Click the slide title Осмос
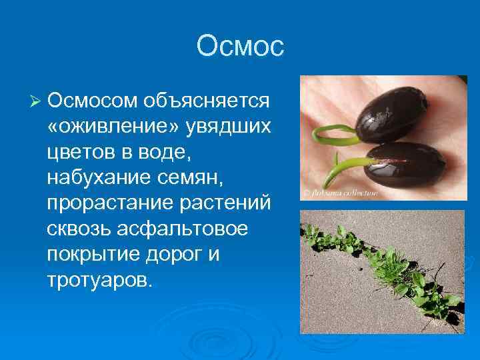[240, 47]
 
